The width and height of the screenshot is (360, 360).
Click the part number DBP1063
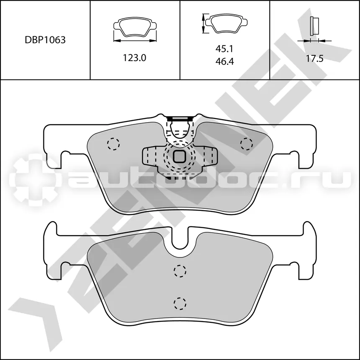tap(45, 40)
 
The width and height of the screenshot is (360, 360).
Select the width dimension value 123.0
tap(134, 58)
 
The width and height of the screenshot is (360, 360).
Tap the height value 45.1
tap(224, 49)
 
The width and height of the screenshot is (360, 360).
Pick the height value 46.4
tap(224, 61)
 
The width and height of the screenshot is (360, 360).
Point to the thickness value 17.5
tap(314, 59)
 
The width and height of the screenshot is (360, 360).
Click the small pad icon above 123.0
tap(135, 27)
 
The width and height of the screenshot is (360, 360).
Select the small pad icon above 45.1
tap(226, 23)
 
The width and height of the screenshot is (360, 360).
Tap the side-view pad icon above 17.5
tap(314, 26)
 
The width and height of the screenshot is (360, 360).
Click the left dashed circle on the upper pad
tap(113, 144)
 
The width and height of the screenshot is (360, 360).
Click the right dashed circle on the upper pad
tap(247, 144)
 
